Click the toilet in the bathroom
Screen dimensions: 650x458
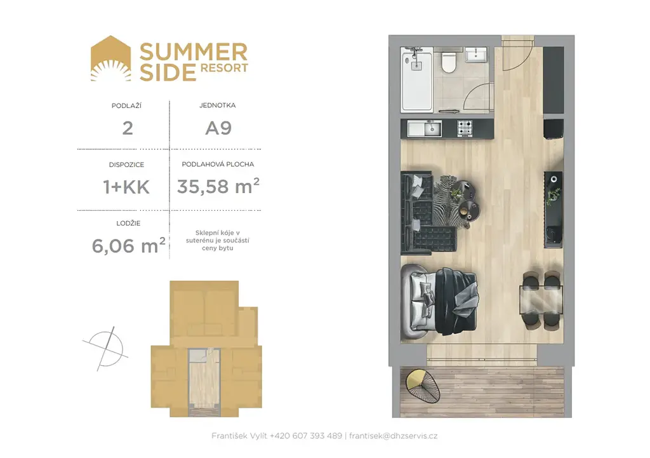pos(449,60)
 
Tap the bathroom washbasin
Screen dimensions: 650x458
pos(476,55)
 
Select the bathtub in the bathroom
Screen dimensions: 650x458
pos(416,79)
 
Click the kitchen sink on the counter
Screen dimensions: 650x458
pos(425,128)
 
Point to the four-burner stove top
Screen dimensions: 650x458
pos(465,128)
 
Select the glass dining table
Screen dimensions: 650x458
pos(541,300)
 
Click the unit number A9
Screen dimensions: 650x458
pos(218,128)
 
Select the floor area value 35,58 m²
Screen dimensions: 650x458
pos(218,186)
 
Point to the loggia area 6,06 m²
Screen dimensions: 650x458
pos(128,246)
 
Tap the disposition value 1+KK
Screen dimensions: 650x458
pos(126,187)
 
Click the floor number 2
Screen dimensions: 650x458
pos(128,128)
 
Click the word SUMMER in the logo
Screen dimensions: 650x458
pos(193,52)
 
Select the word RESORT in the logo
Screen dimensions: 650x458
pos(224,68)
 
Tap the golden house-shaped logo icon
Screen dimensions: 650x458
pos(110,58)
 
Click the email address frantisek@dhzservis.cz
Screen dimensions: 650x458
pos(393,436)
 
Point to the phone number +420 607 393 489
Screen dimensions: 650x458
pos(306,436)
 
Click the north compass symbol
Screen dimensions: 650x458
pos(106,349)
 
